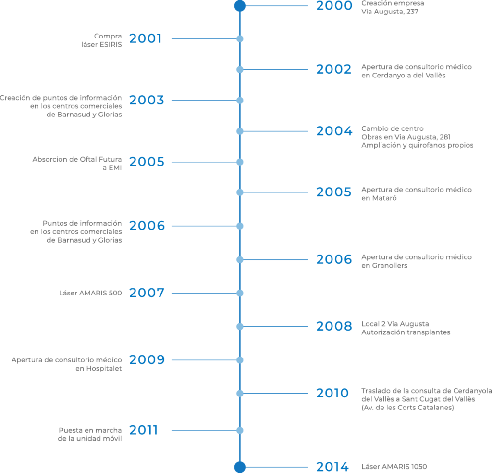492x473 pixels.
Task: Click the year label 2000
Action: coord(334,6)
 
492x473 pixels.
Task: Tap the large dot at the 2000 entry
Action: coord(240,6)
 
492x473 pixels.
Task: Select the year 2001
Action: coord(146,38)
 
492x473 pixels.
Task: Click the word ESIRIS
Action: coord(111,45)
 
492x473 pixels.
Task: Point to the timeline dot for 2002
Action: coord(240,69)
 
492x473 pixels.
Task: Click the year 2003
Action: coord(147,100)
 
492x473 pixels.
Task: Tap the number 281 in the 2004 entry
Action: coord(445,137)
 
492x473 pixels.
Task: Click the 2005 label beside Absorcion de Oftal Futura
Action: coord(147,162)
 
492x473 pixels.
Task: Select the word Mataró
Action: coord(384,198)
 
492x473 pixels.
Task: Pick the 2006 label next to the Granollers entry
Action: coord(334,260)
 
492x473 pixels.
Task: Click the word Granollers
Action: coord(390,266)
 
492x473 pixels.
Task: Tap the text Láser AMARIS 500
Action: coord(90,293)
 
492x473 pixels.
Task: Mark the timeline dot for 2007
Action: coord(240,293)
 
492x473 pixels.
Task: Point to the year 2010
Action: coord(332,393)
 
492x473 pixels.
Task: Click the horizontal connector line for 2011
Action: coord(206,430)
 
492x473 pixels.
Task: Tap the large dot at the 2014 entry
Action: coord(240,467)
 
